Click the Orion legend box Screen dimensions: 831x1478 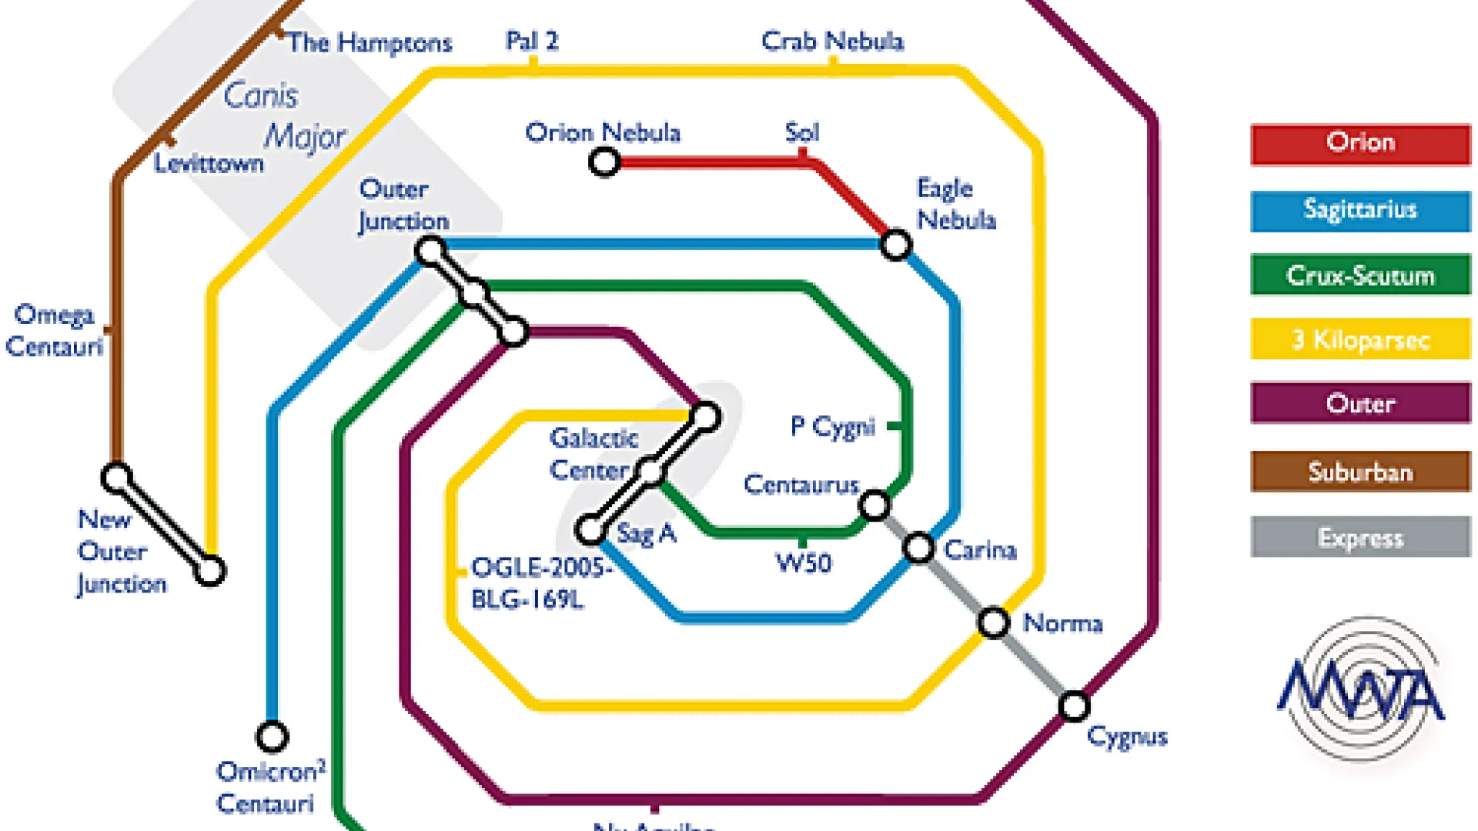[1360, 144]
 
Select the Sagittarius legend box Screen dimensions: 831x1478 [1360, 211]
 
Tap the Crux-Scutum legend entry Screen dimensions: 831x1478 [1360, 275]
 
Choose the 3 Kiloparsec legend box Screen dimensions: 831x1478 [1360, 339]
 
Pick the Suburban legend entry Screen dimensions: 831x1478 [1360, 471]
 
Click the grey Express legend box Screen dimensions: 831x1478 [1360, 536]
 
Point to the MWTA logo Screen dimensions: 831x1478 [1361, 689]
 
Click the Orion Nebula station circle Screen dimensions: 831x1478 [604, 162]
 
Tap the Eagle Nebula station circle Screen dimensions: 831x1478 [895, 245]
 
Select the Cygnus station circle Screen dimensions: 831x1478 [1074, 706]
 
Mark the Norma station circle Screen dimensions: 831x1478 [994, 622]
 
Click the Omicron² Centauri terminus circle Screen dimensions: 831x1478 [272, 736]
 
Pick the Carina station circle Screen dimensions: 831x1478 [918, 549]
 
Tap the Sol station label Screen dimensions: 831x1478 [802, 132]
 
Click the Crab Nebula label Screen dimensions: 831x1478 [832, 41]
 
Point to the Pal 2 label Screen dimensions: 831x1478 [531, 41]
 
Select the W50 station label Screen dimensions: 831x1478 [804, 563]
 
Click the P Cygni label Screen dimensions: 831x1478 [833, 427]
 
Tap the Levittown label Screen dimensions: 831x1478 [208, 163]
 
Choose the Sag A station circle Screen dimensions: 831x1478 [590, 529]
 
